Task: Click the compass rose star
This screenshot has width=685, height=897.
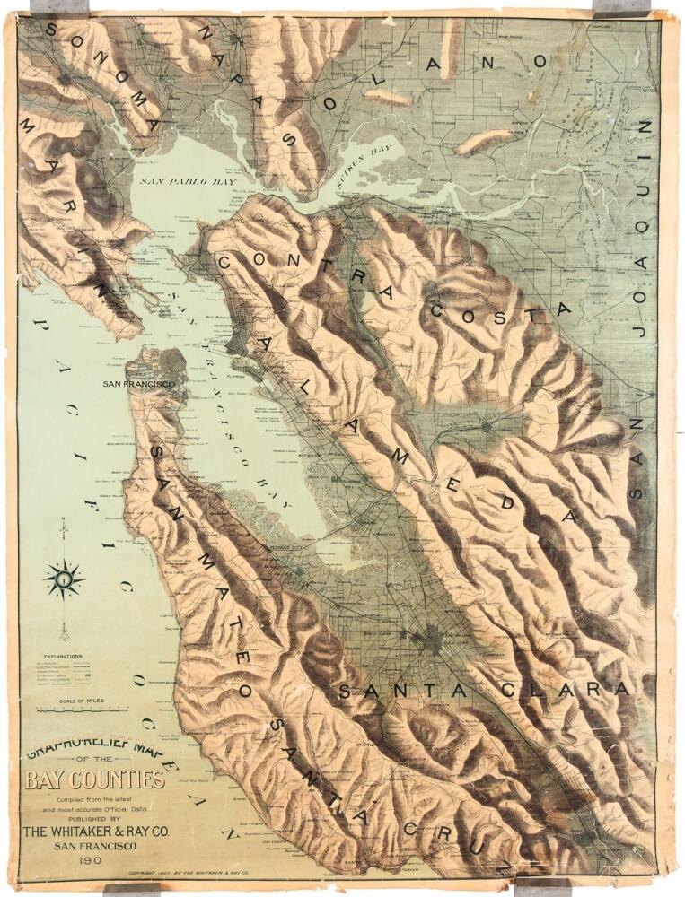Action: tap(63, 579)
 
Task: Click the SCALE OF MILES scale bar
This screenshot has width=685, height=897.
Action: tap(77, 709)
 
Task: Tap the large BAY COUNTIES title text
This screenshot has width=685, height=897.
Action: tap(94, 779)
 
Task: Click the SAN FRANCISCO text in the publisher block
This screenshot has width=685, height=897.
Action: tap(94, 846)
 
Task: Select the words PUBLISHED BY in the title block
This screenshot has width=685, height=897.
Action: tap(93, 818)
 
